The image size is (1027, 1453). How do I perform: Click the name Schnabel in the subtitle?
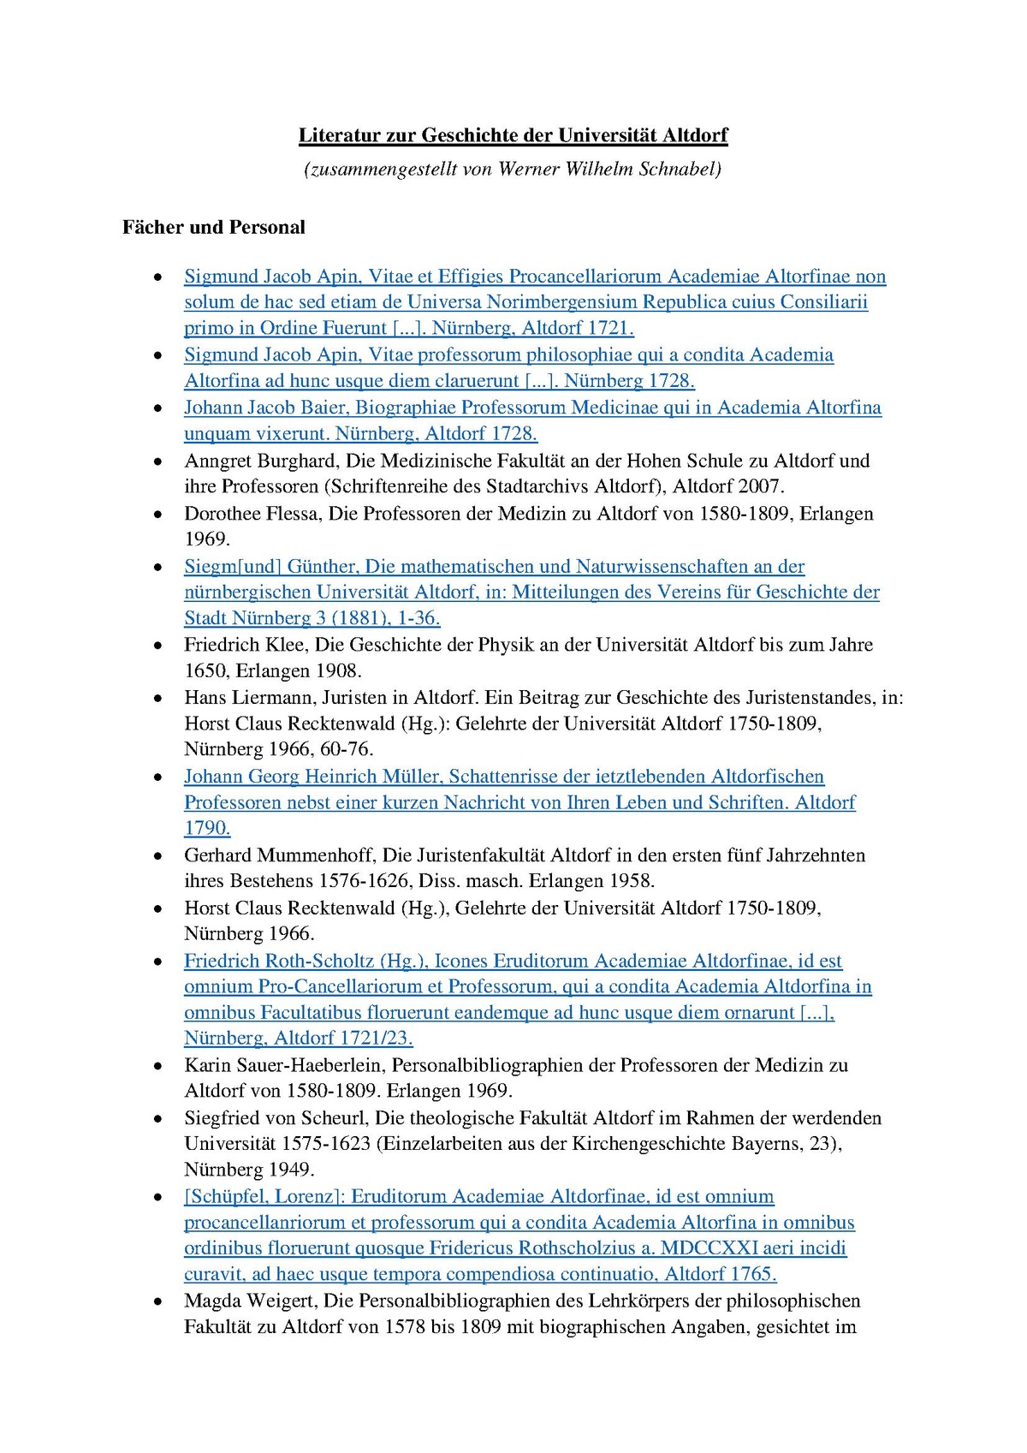[x=681, y=169]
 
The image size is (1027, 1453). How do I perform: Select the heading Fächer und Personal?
[x=213, y=227]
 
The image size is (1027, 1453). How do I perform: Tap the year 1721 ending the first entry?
[x=611, y=328]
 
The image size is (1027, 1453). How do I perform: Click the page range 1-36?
[x=419, y=618]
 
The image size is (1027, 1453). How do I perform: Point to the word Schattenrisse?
[x=504, y=777]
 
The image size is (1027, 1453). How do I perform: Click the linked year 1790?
[x=207, y=828]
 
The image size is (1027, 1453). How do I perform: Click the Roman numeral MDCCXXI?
[x=709, y=1248]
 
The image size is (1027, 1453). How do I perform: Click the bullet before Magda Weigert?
[x=157, y=1301]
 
